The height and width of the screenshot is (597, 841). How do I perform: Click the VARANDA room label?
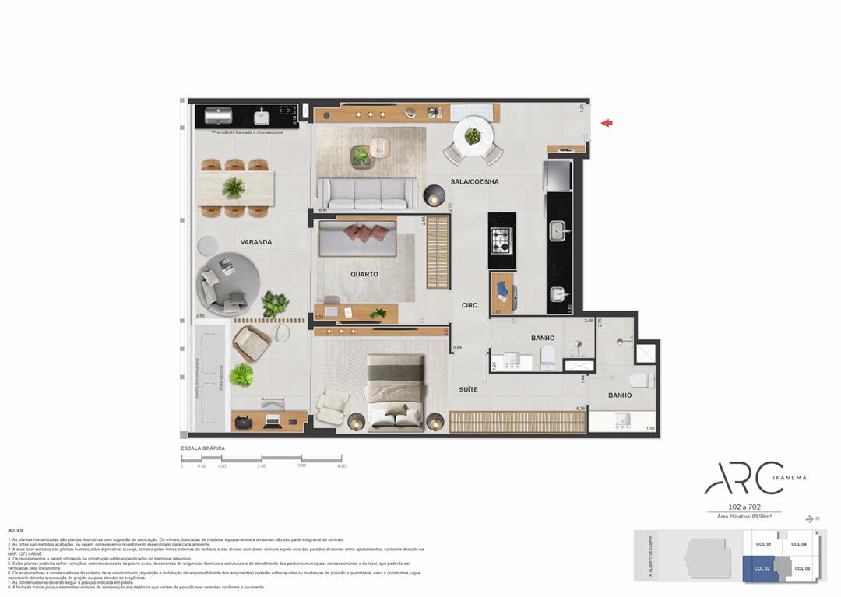coord(255,242)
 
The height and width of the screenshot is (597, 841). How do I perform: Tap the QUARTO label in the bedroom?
coord(364,274)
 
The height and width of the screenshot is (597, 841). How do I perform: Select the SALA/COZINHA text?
coord(474,181)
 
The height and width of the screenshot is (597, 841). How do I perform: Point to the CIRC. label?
coord(470,305)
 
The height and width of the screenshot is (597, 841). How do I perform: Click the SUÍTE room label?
coord(468,388)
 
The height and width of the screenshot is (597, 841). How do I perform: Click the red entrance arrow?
coord(607,122)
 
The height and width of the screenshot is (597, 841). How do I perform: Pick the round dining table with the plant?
coord(473,136)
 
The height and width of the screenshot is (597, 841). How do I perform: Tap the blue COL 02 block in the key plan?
coord(762,568)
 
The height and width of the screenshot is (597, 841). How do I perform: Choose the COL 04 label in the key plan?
coord(798,543)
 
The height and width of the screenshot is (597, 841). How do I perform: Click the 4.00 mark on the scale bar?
coord(340,465)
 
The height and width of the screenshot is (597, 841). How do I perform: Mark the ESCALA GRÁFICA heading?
coord(202,448)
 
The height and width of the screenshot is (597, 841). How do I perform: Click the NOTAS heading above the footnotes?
coord(16,530)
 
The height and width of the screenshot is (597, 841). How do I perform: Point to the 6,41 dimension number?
coord(322,210)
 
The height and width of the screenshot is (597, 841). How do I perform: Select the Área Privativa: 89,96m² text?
coord(744,516)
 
